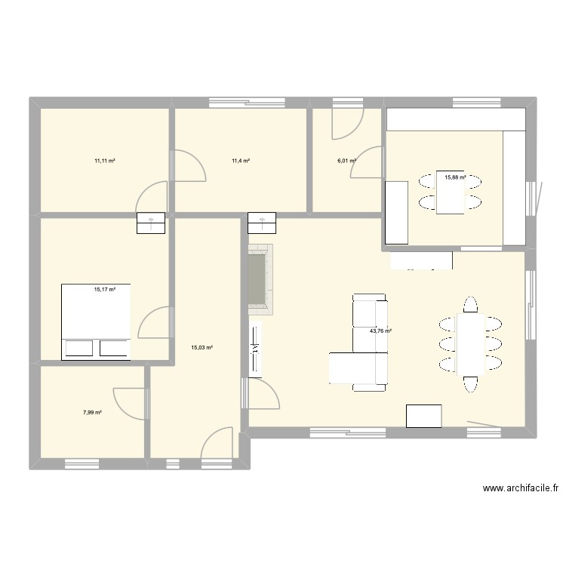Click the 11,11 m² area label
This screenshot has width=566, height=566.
104,161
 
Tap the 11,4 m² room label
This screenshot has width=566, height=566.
241,161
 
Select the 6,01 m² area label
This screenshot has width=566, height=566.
346,161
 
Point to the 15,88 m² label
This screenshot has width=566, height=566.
455,177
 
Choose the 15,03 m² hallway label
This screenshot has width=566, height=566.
201,348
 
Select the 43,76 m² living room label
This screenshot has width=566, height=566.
380,331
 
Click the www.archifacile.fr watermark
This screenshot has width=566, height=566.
521,488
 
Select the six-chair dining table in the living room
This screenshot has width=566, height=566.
469,343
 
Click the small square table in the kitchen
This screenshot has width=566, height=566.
450,192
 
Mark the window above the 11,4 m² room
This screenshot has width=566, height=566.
241,102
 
